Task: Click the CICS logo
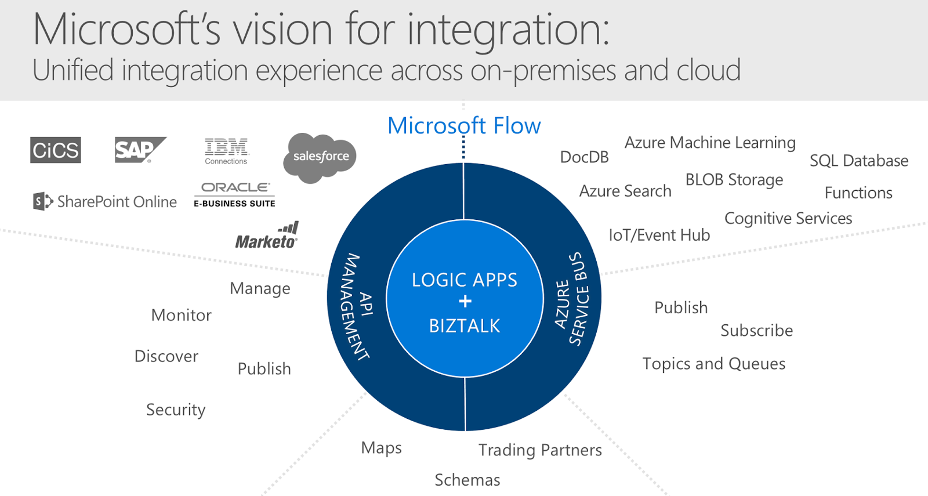tap(56, 150)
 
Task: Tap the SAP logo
tap(139, 150)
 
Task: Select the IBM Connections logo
tap(226, 151)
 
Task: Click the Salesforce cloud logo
tap(320, 157)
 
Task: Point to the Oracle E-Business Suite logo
tap(234, 194)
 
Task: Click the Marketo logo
tap(267, 236)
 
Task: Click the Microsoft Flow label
tap(464, 125)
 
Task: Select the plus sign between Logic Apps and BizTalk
tap(465, 301)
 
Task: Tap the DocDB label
tap(584, 157)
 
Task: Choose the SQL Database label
tap(858, 161)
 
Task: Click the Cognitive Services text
tap(788, 219)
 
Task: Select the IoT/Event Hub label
tap(659, 235)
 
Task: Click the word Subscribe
tap(756, 331)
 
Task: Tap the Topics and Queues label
tap(713, 364)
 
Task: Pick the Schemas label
tap(467, 480)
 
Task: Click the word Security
tap(176, 410)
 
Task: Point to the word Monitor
tap(181, 315)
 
